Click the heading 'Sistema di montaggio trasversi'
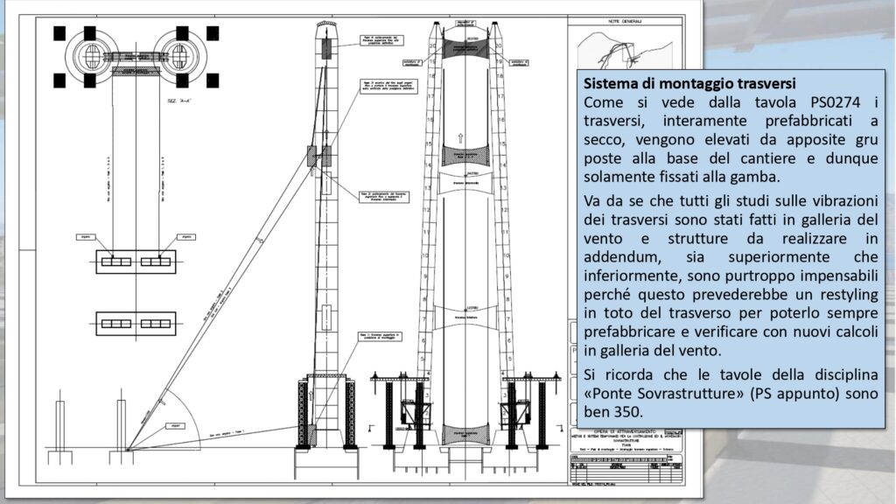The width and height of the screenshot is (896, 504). click(x=689, y=85)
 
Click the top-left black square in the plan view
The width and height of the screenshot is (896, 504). click(x=59, y=33)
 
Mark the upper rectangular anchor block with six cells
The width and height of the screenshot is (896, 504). click(x=136, y=262)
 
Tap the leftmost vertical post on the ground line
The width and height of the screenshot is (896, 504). click(x=59, y=427)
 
